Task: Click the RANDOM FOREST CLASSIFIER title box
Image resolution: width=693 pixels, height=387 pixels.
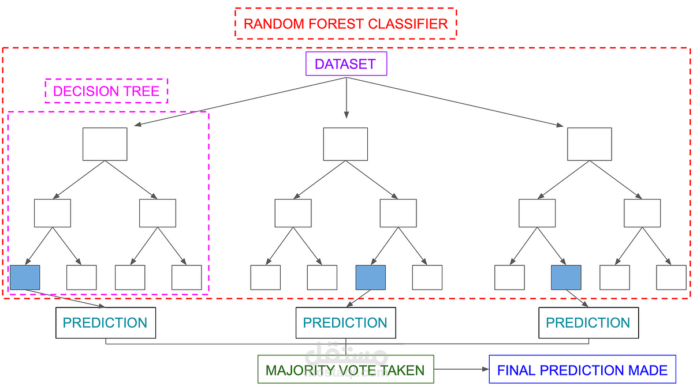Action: click(x=345, y=24)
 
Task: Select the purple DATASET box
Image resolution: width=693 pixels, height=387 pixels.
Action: click(x=346, y=63)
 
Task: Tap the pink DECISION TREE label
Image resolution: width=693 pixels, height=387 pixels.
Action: click(x=106, y=91)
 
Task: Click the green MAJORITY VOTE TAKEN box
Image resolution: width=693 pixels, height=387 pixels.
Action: click(x=345, y=370)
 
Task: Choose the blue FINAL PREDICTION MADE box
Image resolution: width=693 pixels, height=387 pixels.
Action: click(x=582, y=370)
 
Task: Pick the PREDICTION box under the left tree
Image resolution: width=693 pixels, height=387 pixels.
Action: click(x=105, y=323)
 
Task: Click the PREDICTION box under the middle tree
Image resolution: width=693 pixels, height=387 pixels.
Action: click(x=345, y=323)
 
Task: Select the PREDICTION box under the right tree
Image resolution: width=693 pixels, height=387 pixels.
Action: click(x=588, y=323)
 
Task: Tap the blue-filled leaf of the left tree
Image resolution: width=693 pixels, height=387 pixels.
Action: click(x=25, y=277)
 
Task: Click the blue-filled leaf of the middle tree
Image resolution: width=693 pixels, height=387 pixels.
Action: click(x=371, y=277)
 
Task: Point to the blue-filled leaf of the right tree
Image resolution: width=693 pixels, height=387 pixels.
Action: click(x=566, y=277)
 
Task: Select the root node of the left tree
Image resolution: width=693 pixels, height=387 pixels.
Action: click(x=105, y=144)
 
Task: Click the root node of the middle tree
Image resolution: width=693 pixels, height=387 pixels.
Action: click(x=345, y=144)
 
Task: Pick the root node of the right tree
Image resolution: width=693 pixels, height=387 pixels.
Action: click(x=589, y=144)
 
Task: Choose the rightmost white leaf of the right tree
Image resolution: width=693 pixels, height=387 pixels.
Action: click(x=671, y=277)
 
